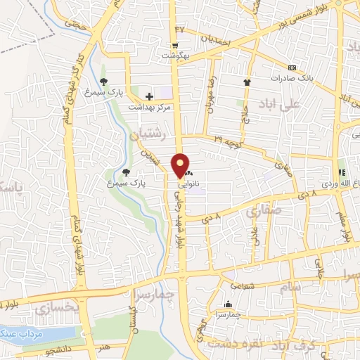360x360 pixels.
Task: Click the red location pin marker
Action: tap(181, 165)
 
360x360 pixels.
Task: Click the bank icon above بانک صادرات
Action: tap(292, 68)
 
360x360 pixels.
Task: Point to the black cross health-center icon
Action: tap(148, 96)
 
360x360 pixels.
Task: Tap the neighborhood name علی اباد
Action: tap(299, 103)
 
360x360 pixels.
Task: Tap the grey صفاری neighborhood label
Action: tap(262, 210)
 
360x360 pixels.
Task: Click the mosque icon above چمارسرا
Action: tap(227, 304)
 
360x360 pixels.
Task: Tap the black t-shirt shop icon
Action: tap(247, 82)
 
